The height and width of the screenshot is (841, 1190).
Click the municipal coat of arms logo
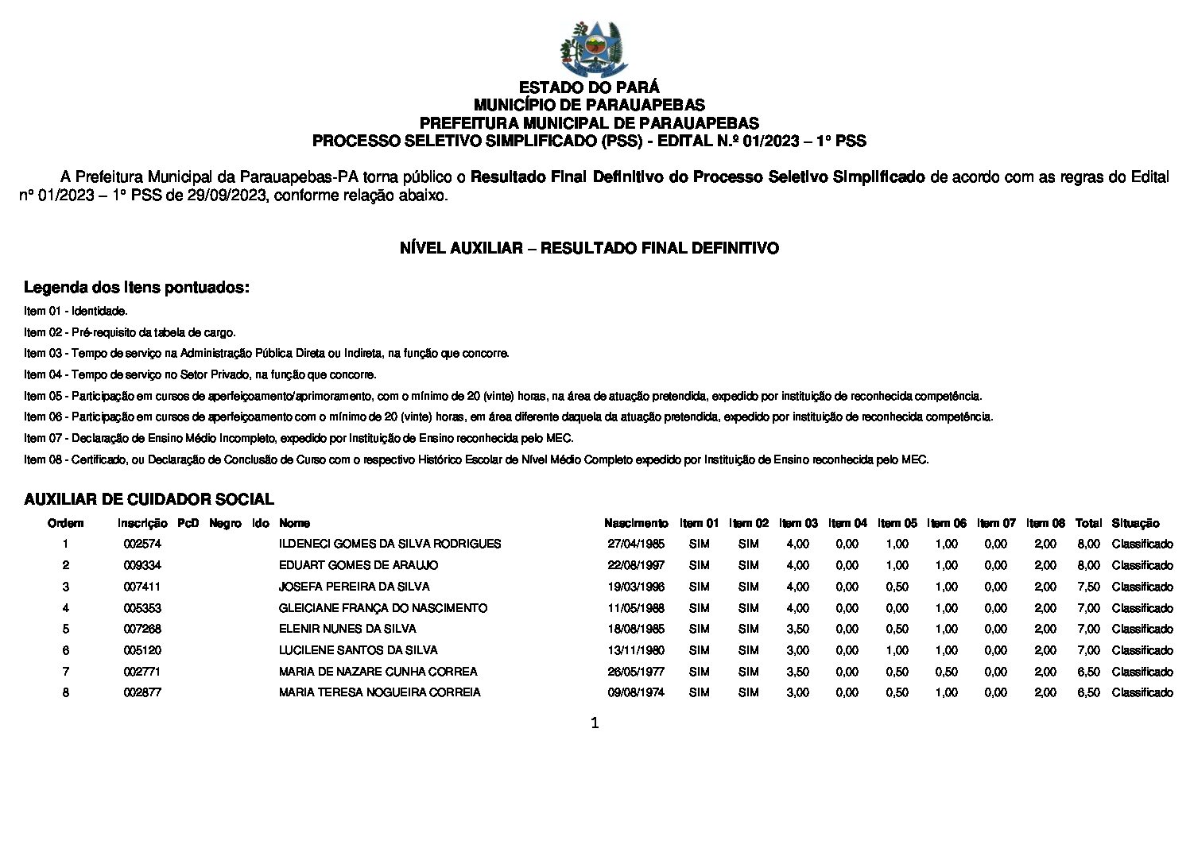(594, 48)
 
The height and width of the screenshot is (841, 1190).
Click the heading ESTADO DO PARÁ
(589, 87)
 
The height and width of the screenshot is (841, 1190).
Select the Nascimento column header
(636, 523)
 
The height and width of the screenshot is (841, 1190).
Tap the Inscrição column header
(142, 523)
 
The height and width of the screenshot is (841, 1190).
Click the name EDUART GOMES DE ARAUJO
(359, 565)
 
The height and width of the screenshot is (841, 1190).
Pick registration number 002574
(142, 544)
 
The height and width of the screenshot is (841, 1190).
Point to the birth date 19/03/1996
(636, 587)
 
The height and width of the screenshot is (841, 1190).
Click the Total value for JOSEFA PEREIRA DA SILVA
(1088, 587)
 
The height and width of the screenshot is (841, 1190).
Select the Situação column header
(1135, 523)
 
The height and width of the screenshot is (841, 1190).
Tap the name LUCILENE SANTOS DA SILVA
(359, 650)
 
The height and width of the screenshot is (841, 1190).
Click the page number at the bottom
(595, 723)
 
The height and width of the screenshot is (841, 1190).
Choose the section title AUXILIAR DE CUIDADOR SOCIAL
(149, 499)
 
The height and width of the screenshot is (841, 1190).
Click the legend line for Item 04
(200, 374)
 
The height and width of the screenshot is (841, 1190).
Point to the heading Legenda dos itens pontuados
(137, 287)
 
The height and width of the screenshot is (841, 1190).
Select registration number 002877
(142, 692)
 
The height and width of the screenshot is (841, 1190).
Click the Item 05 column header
(897, 523)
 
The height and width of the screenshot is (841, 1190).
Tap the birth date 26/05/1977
(636, 672)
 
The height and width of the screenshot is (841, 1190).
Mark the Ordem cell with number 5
(66, 629)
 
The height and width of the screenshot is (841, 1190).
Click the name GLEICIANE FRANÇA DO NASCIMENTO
(383, 608)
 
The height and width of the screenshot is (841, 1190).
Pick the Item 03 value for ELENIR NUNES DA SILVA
(797, 629)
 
